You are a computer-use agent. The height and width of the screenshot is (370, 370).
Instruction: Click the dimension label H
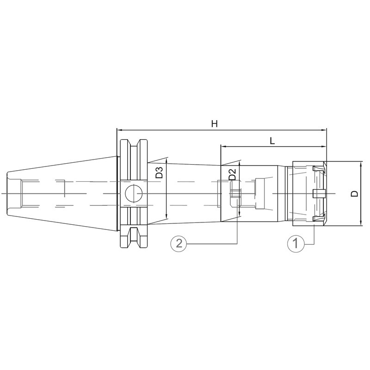(x=214, y=123)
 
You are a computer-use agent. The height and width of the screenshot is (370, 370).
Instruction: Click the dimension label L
(x=272, y=141)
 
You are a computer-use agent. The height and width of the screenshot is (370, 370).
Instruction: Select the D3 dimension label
(x=160, y=173)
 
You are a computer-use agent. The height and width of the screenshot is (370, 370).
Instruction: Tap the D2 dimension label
(x=233, y=174)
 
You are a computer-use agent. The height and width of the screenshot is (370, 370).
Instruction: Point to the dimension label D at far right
(x=354, y=193)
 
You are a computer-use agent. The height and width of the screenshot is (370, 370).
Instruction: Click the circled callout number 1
(x=296, y=243)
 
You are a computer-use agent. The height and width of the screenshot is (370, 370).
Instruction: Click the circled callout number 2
(x=179, y=243)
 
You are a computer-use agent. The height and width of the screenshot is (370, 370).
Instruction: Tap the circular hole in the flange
(x=134, y=193)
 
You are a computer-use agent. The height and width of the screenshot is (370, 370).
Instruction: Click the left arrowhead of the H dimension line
(x=119, y=130)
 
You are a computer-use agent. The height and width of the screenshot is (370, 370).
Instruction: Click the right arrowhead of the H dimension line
(x=324, y=130)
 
